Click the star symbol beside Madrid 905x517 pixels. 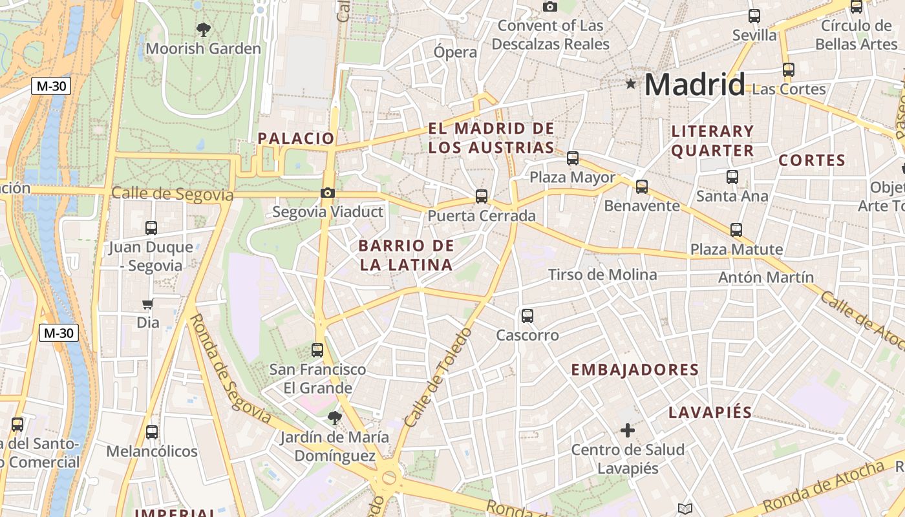click(x=631, y=84)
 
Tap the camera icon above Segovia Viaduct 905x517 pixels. click(x=328, y=193)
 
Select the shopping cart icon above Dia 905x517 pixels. click(x=148, y=304)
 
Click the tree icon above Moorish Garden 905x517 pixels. click(x=203, y=29)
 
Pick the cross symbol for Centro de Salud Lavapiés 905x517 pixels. click(x=627, y=430)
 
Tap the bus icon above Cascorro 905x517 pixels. click(x=527, y=316)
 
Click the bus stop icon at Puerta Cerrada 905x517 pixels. click(x=482, y=196)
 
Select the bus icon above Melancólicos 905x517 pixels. click(x=152, y=432)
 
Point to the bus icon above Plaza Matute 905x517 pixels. click(x=736, y=229)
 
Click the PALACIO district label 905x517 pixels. click(x=296, y=138)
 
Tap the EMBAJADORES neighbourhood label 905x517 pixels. click(x=635, y=370)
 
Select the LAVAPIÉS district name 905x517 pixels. click(x=710, y=412)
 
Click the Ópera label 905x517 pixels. click(x=455, y=52)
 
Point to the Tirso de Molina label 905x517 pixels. click(x=602, y=275)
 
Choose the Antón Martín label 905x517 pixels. click(x=766, y=277)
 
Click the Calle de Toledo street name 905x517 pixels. click(x=436, y=378)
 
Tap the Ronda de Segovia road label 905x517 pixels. click(x=231, y=368)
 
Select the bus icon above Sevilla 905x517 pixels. click(x=754, y=16)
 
